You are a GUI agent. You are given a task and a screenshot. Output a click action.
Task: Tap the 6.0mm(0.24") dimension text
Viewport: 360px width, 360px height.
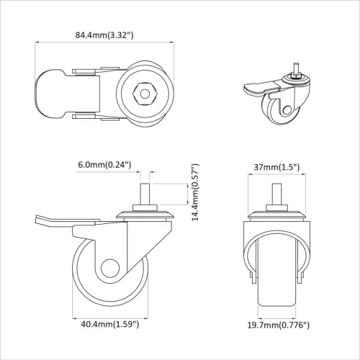pos(104,164)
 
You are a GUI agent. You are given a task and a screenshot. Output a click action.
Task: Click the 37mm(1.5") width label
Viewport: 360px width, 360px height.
pos(278,167)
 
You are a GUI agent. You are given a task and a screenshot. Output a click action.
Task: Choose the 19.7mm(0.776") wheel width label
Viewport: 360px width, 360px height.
pos(278,325)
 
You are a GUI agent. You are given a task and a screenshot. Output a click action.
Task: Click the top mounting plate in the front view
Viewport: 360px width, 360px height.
pos(277,214)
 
